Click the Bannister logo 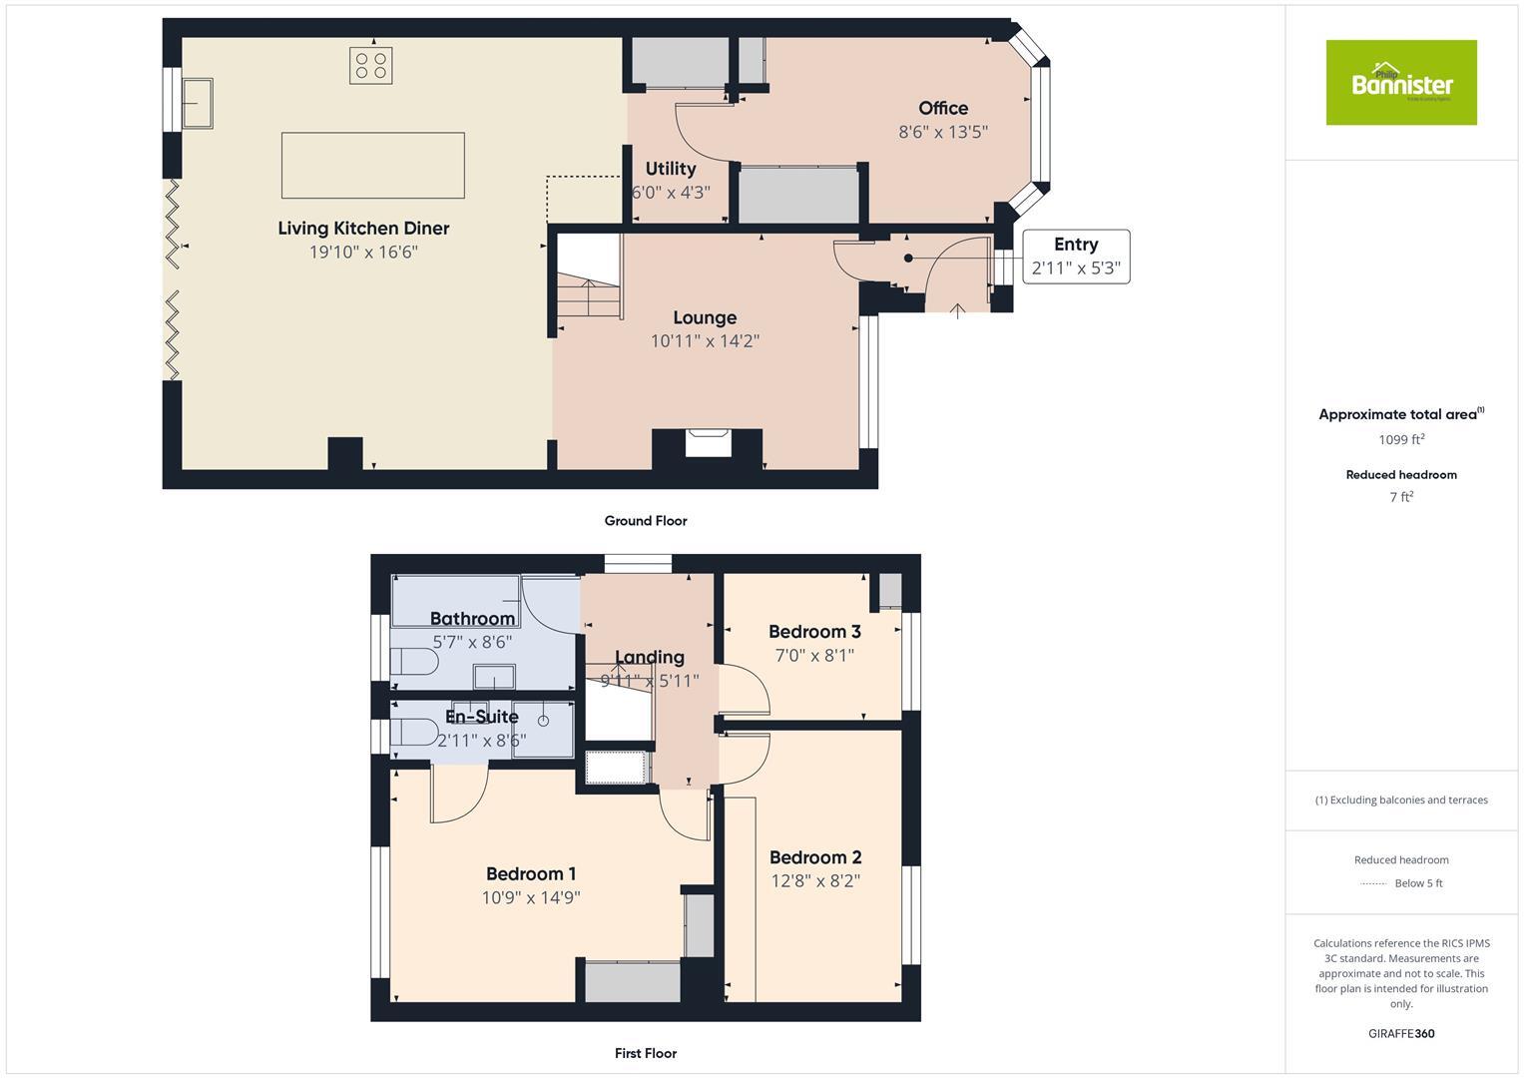pos(1400,83)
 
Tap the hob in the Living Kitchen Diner pos(369,66)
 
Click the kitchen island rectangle pos(372,166)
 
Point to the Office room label pos(943,108)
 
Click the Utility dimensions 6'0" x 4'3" pos(671,192)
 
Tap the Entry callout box pos(1075,257)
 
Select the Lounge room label pos(705,317)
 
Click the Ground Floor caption pos(646,520)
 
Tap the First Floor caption pos(646,1053)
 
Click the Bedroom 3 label pos(814,632)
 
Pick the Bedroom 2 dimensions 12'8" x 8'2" pos(814,880)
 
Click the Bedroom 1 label pos(531,873)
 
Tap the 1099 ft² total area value pos(1400,439)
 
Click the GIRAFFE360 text pos(1400,1033)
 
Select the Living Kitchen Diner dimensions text pos(363,253)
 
